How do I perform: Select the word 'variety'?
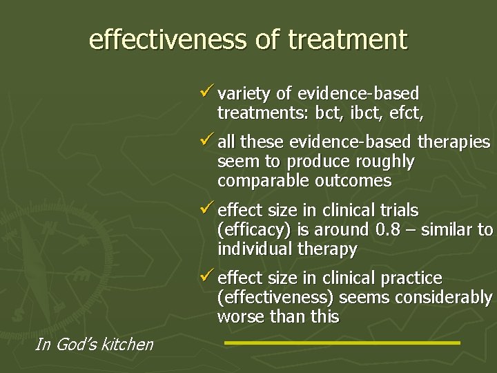point(241,93)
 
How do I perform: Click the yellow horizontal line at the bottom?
point(342,342)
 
